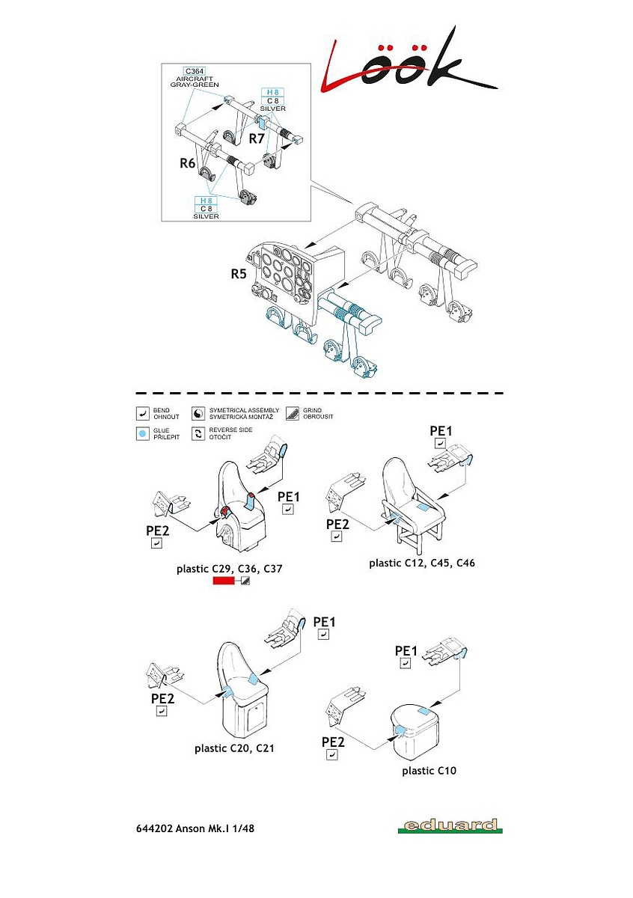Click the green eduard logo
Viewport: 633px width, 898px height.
tap(450, 826)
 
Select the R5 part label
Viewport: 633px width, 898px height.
tap(239, 274)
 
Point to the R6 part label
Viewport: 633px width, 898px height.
tap(187, 162)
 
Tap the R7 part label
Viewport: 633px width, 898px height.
tap(257, 138)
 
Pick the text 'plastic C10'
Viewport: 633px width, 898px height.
tap(429, 770)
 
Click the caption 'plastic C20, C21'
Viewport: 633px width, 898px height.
tap(234, 748)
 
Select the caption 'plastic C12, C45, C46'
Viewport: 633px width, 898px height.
tap(422, 563)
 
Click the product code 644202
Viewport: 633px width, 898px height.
tap(154, 828)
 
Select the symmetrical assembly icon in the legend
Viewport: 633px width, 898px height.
tap(198, 413)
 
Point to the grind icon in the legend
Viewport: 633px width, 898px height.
tap(292, 413)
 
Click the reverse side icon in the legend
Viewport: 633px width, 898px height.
tap(198, 433)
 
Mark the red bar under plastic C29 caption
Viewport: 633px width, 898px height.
tap(223, 581)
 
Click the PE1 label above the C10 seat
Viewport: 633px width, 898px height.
tap(406, 650)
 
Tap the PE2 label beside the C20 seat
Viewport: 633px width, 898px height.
tap(162, 698)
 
